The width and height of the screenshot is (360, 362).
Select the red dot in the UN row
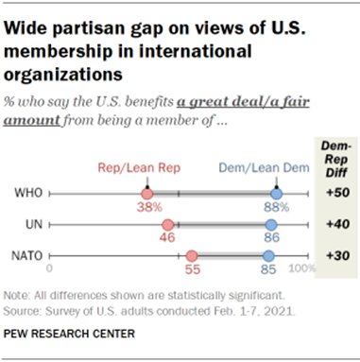167,225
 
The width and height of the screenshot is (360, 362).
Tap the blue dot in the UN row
271,225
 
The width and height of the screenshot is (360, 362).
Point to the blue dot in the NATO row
268,256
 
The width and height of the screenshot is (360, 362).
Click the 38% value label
145,209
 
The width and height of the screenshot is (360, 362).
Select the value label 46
168,240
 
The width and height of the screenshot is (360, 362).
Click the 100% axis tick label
300,269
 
